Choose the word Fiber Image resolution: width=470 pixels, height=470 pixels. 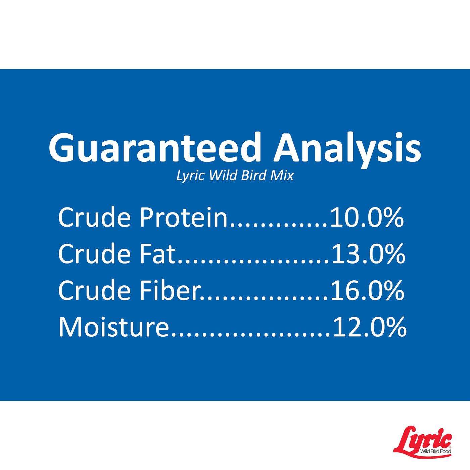coord(170,290)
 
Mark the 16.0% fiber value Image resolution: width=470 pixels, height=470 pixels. coord(367,290)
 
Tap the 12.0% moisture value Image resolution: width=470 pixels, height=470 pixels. coord(369,327)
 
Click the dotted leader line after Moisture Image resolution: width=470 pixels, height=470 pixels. coord(251,334)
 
